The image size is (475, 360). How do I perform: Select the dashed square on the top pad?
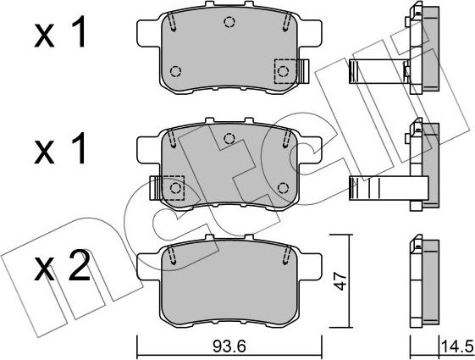click(x=284, y=70)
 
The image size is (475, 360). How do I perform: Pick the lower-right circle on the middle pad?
click(x=283, y=187)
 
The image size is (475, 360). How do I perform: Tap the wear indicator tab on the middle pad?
click(x=155, y=187)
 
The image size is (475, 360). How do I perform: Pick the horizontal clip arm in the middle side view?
click(x=376, y=188)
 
